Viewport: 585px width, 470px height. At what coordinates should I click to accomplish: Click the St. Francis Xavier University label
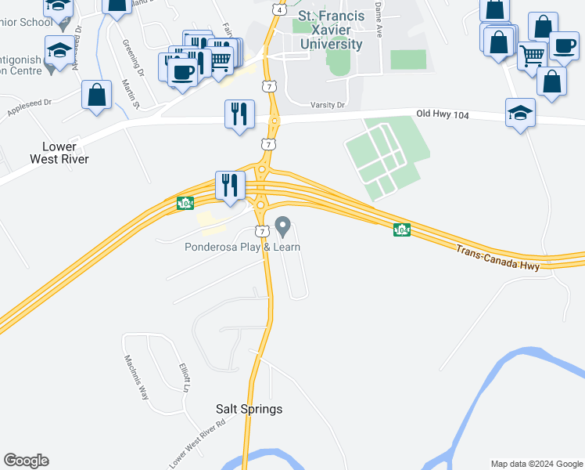tap(331, 31)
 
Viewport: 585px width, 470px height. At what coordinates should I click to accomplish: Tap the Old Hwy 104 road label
tap(442, 114)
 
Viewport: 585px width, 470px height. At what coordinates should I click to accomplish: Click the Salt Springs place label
tap(249, 409)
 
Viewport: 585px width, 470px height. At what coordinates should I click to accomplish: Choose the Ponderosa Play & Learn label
tap(242, 247)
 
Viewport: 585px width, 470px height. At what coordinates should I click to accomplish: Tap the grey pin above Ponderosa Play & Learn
tap(282, 228)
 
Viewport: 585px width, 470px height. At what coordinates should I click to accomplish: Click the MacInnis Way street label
tap(136, 377)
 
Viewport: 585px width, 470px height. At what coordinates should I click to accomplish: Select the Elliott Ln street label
tap(185, 378)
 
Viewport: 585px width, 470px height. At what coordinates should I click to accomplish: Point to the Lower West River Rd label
tap(197, 443)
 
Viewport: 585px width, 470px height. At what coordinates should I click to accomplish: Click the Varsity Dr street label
tap(327, 105)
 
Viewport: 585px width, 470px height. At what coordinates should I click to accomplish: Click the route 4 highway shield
tap(278, 8)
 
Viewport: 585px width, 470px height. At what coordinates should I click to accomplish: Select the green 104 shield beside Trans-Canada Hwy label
tap(402, 230)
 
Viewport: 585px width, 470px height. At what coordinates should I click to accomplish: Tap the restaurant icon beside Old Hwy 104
tap(237, 114)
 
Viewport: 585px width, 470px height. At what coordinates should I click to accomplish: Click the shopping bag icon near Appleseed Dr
tap(96, 96)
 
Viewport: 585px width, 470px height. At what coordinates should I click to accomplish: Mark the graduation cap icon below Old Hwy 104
tap(520, 114)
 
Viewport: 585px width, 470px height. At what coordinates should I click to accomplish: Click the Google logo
tap(26, 461)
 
